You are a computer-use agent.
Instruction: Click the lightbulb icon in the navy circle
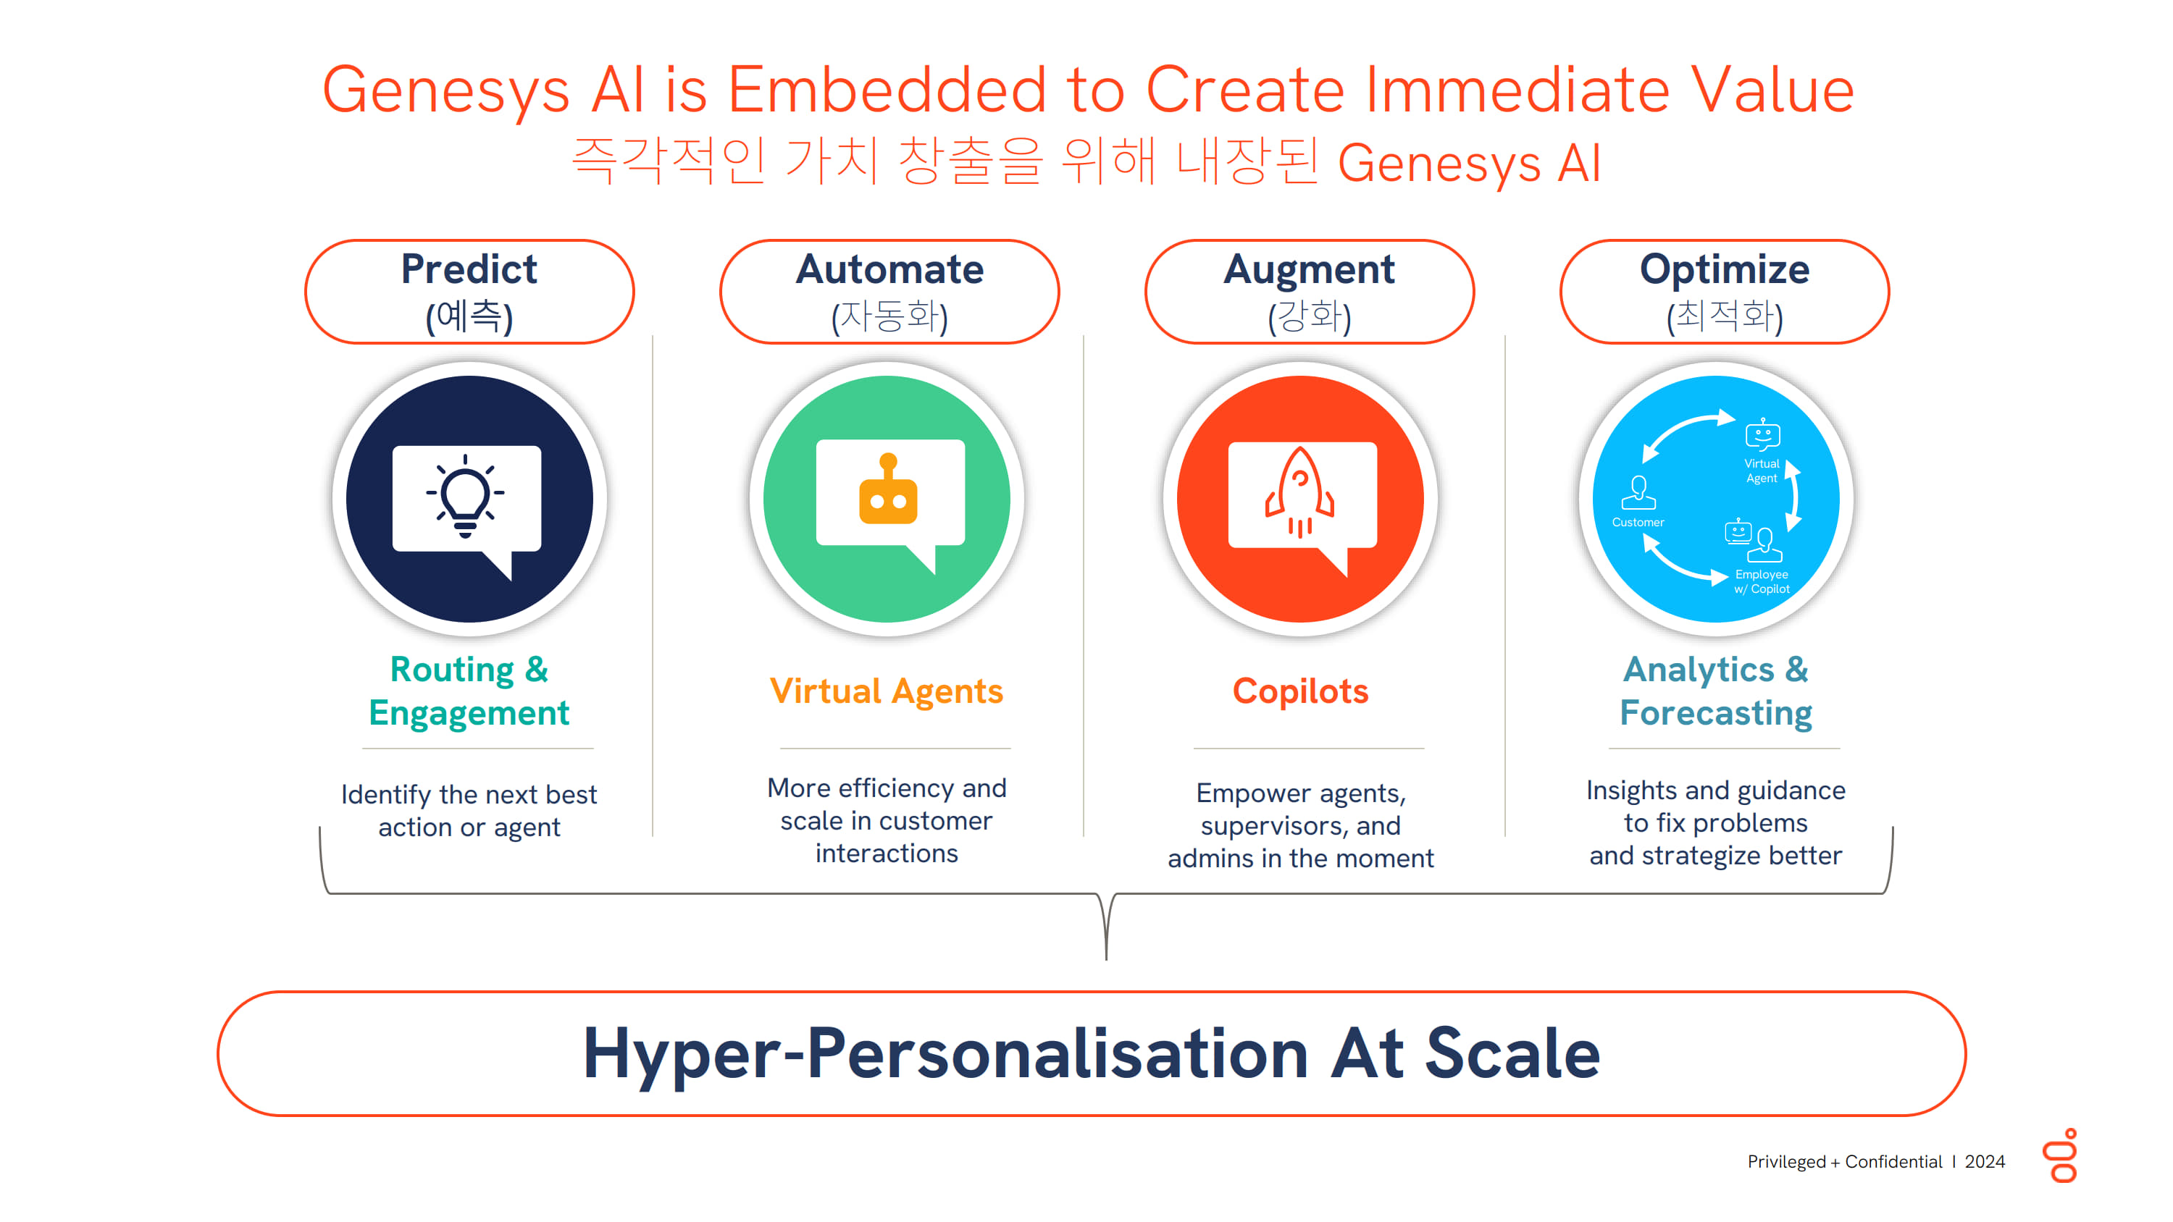[x=465, y=496]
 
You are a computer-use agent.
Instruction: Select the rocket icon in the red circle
[x=1300, y=492]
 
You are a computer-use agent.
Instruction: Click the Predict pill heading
[x=469, y=292]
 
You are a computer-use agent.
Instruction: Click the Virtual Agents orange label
[x=887, y=691]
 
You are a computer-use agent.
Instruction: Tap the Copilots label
[x=1300, y=691]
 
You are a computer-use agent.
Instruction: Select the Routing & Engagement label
[x=469, y=691]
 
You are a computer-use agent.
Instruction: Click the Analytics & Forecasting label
[x=1716, y=691]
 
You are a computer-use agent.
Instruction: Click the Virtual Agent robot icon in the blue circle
[x=1762, y=434]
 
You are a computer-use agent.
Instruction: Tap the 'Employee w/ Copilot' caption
[x=1762, y=582]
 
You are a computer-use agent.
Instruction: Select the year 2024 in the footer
[x=1984, y=1162]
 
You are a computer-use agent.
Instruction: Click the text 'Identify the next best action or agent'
[x=469, y=811]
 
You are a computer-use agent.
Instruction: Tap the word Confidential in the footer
[x=1893, y=1162]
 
